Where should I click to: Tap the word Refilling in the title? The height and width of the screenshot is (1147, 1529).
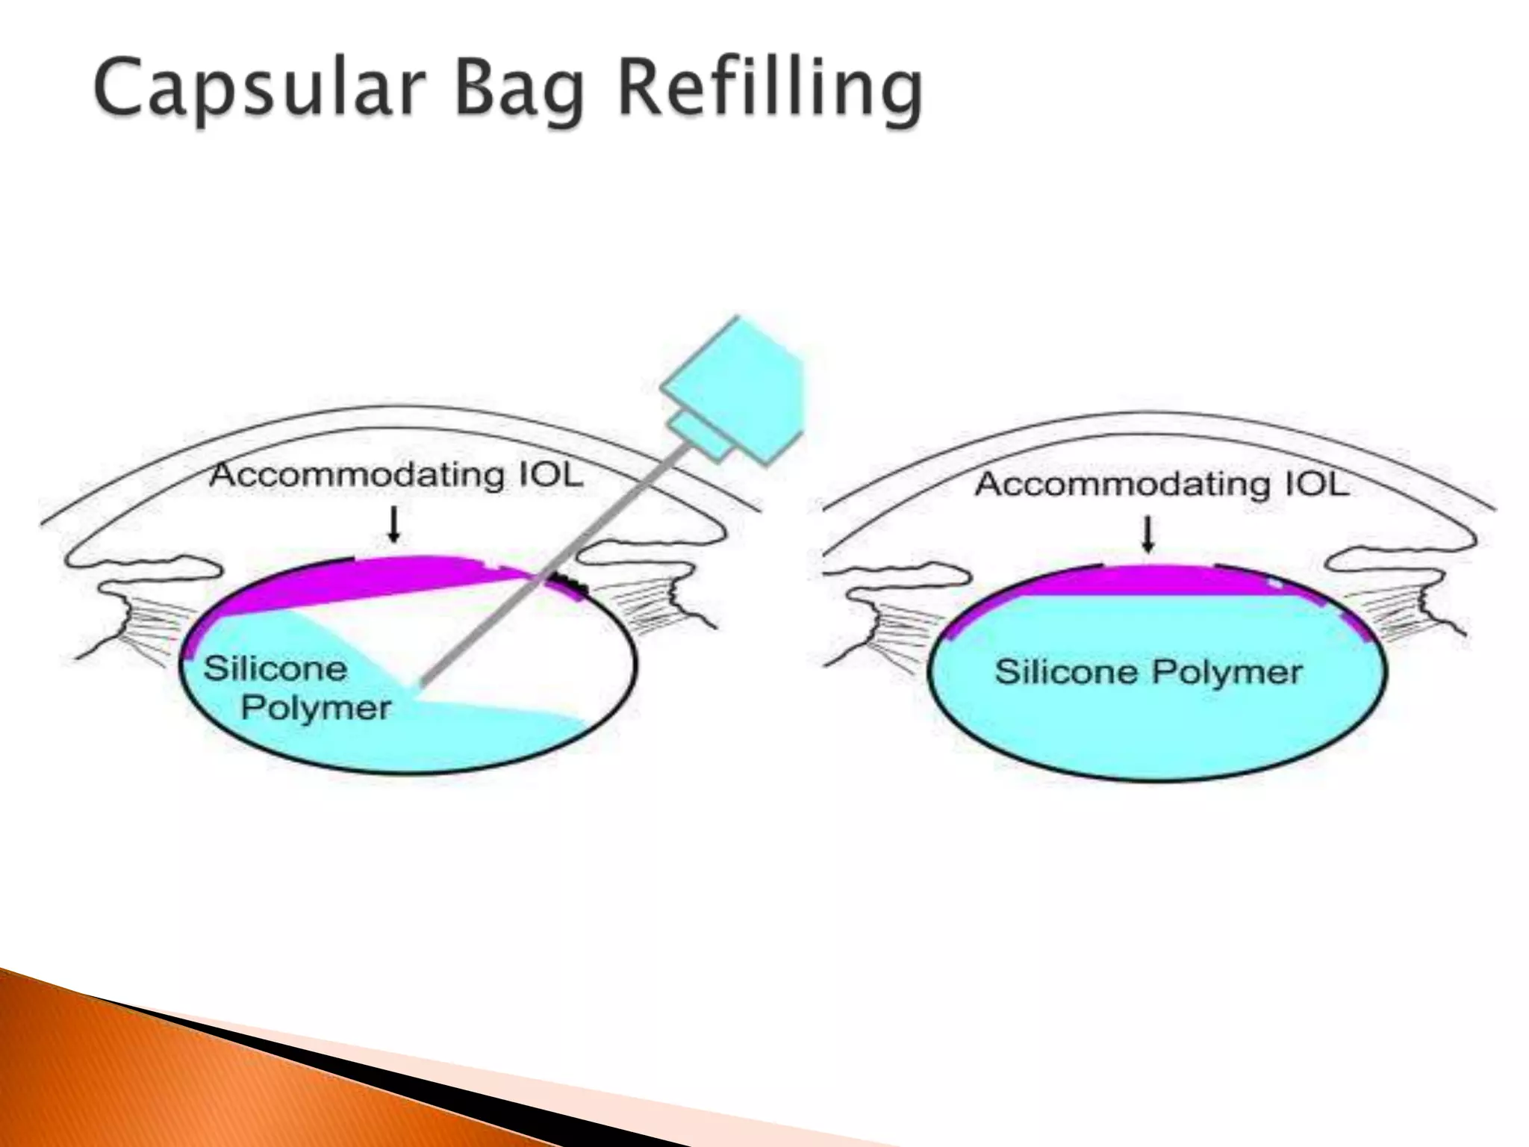click(769, 90)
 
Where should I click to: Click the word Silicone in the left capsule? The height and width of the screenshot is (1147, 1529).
click(275, 668)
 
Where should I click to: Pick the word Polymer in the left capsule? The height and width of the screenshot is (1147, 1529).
click(315, 707)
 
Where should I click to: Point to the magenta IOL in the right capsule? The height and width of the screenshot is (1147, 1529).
click(1150, 581)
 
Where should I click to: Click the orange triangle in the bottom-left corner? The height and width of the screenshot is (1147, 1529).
click(112, 1083)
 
